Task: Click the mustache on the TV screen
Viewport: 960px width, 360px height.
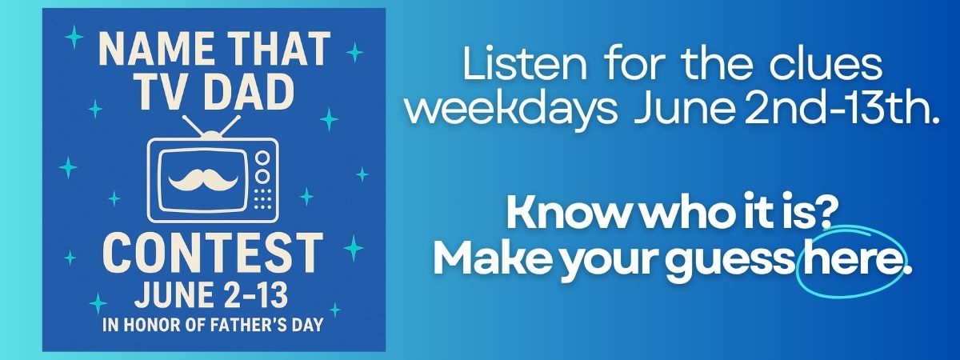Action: coord(203,180)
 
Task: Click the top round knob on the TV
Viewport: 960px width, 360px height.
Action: coord(262,158)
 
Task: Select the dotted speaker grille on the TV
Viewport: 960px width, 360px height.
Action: coord(262,199)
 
